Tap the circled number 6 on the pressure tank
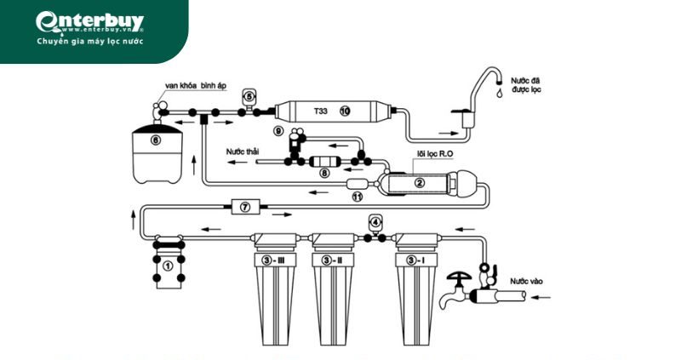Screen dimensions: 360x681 pyautogui.click(x=155, y=140)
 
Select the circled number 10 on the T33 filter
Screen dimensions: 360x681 pyautogui.click(x=345, y=111)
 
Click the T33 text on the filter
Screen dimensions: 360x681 pyautogui.click(x=319, y=111)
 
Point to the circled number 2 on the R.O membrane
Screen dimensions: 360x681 pyautogui.click(x=419, y=181)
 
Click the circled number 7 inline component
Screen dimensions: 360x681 pyautogui.click(x=244, y=207)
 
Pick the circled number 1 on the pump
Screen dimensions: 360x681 pyautogui.click(x=168, y=266)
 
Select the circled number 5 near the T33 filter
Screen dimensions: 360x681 pyautogui.click(x=249, y=96)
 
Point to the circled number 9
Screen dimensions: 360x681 pyautogui.click(x=278, y=131)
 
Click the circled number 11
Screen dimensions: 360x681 pyautogui.click(x=358, y=197)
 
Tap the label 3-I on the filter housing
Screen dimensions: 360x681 pyautogui.click(x=415, y=260)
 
